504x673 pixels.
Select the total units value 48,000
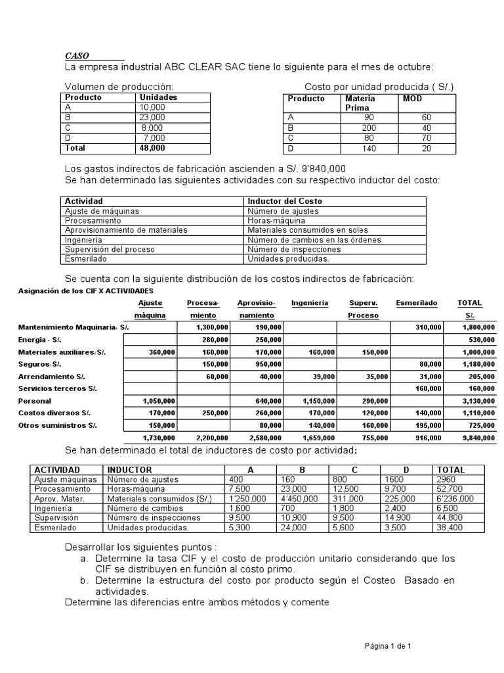(152, 148)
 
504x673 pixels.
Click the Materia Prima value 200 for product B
(370, 128)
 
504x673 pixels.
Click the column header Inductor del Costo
(284, 200)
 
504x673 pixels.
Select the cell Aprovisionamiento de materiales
(126, 230)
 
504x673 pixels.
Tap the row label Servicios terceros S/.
(58, 388)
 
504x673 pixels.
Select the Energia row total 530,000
(482, 339)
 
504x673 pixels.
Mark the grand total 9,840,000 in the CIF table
(478, 438)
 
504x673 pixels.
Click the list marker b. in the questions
(85, 580)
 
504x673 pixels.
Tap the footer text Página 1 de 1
(388, 646)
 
